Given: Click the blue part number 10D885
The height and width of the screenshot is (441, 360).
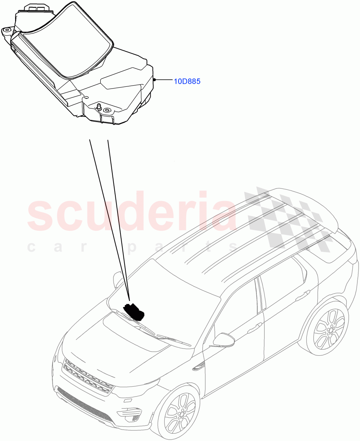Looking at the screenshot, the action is [x=187, y=81].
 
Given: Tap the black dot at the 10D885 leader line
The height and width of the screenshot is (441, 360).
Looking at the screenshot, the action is [x=155, y=79].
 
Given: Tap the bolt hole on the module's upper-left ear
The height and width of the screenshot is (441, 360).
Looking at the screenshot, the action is [x=7, y=30].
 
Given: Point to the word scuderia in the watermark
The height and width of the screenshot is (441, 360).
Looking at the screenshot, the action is [x=132, y=211].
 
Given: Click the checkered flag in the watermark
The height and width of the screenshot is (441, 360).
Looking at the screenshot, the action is [x=289, y=219].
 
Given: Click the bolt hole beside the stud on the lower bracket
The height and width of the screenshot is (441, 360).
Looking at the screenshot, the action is [x=107, y=110].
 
